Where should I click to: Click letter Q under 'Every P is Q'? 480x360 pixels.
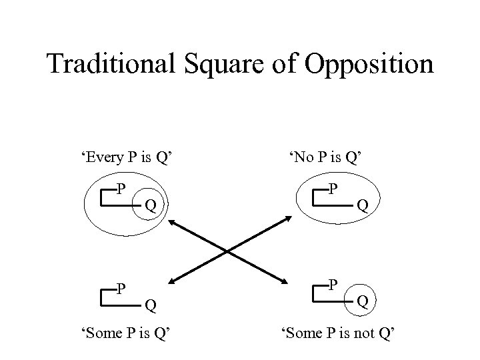coord(151,205)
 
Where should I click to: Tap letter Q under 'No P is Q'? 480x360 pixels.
coord(363,206)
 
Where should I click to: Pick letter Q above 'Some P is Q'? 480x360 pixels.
coord(151,306)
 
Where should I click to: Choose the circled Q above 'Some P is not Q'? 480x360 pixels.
coord(363,301)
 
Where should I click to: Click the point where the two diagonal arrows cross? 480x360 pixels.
coord(230,251)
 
